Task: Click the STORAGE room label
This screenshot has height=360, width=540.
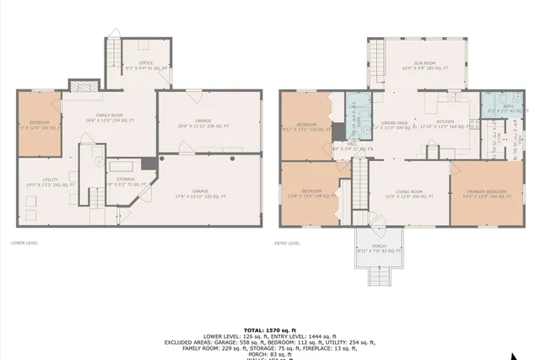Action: click(x=126, y=180)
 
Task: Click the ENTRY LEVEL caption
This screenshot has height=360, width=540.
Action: click(x=289, y=243)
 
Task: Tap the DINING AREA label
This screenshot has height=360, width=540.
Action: click(x=395, y=125)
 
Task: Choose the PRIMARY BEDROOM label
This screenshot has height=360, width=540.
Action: click(x=484, y=193)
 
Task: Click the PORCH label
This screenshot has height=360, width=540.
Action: click(x=379, y=248)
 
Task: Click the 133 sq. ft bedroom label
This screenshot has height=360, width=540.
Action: click(x=305, y=128)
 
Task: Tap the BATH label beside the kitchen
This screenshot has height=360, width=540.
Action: click(x=495, y=107)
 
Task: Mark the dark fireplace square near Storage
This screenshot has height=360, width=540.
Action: click(x=148, y=163)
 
